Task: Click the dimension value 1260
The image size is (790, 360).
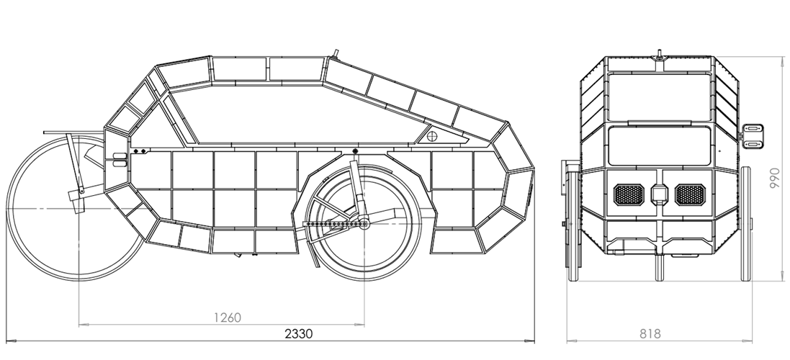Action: point(228,318)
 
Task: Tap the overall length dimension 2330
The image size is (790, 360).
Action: point(299,334)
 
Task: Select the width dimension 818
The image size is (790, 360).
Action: point(650,334)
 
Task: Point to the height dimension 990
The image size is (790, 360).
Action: point(775,179)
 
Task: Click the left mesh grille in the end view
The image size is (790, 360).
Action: point(629,195)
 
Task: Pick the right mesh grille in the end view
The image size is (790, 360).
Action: point(690,195)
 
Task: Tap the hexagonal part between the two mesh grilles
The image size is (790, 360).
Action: point(660,194)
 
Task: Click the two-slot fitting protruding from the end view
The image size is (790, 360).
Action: point(753,137)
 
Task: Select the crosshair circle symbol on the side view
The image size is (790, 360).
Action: point(432,136)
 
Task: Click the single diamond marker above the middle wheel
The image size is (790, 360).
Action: point(355,151)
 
